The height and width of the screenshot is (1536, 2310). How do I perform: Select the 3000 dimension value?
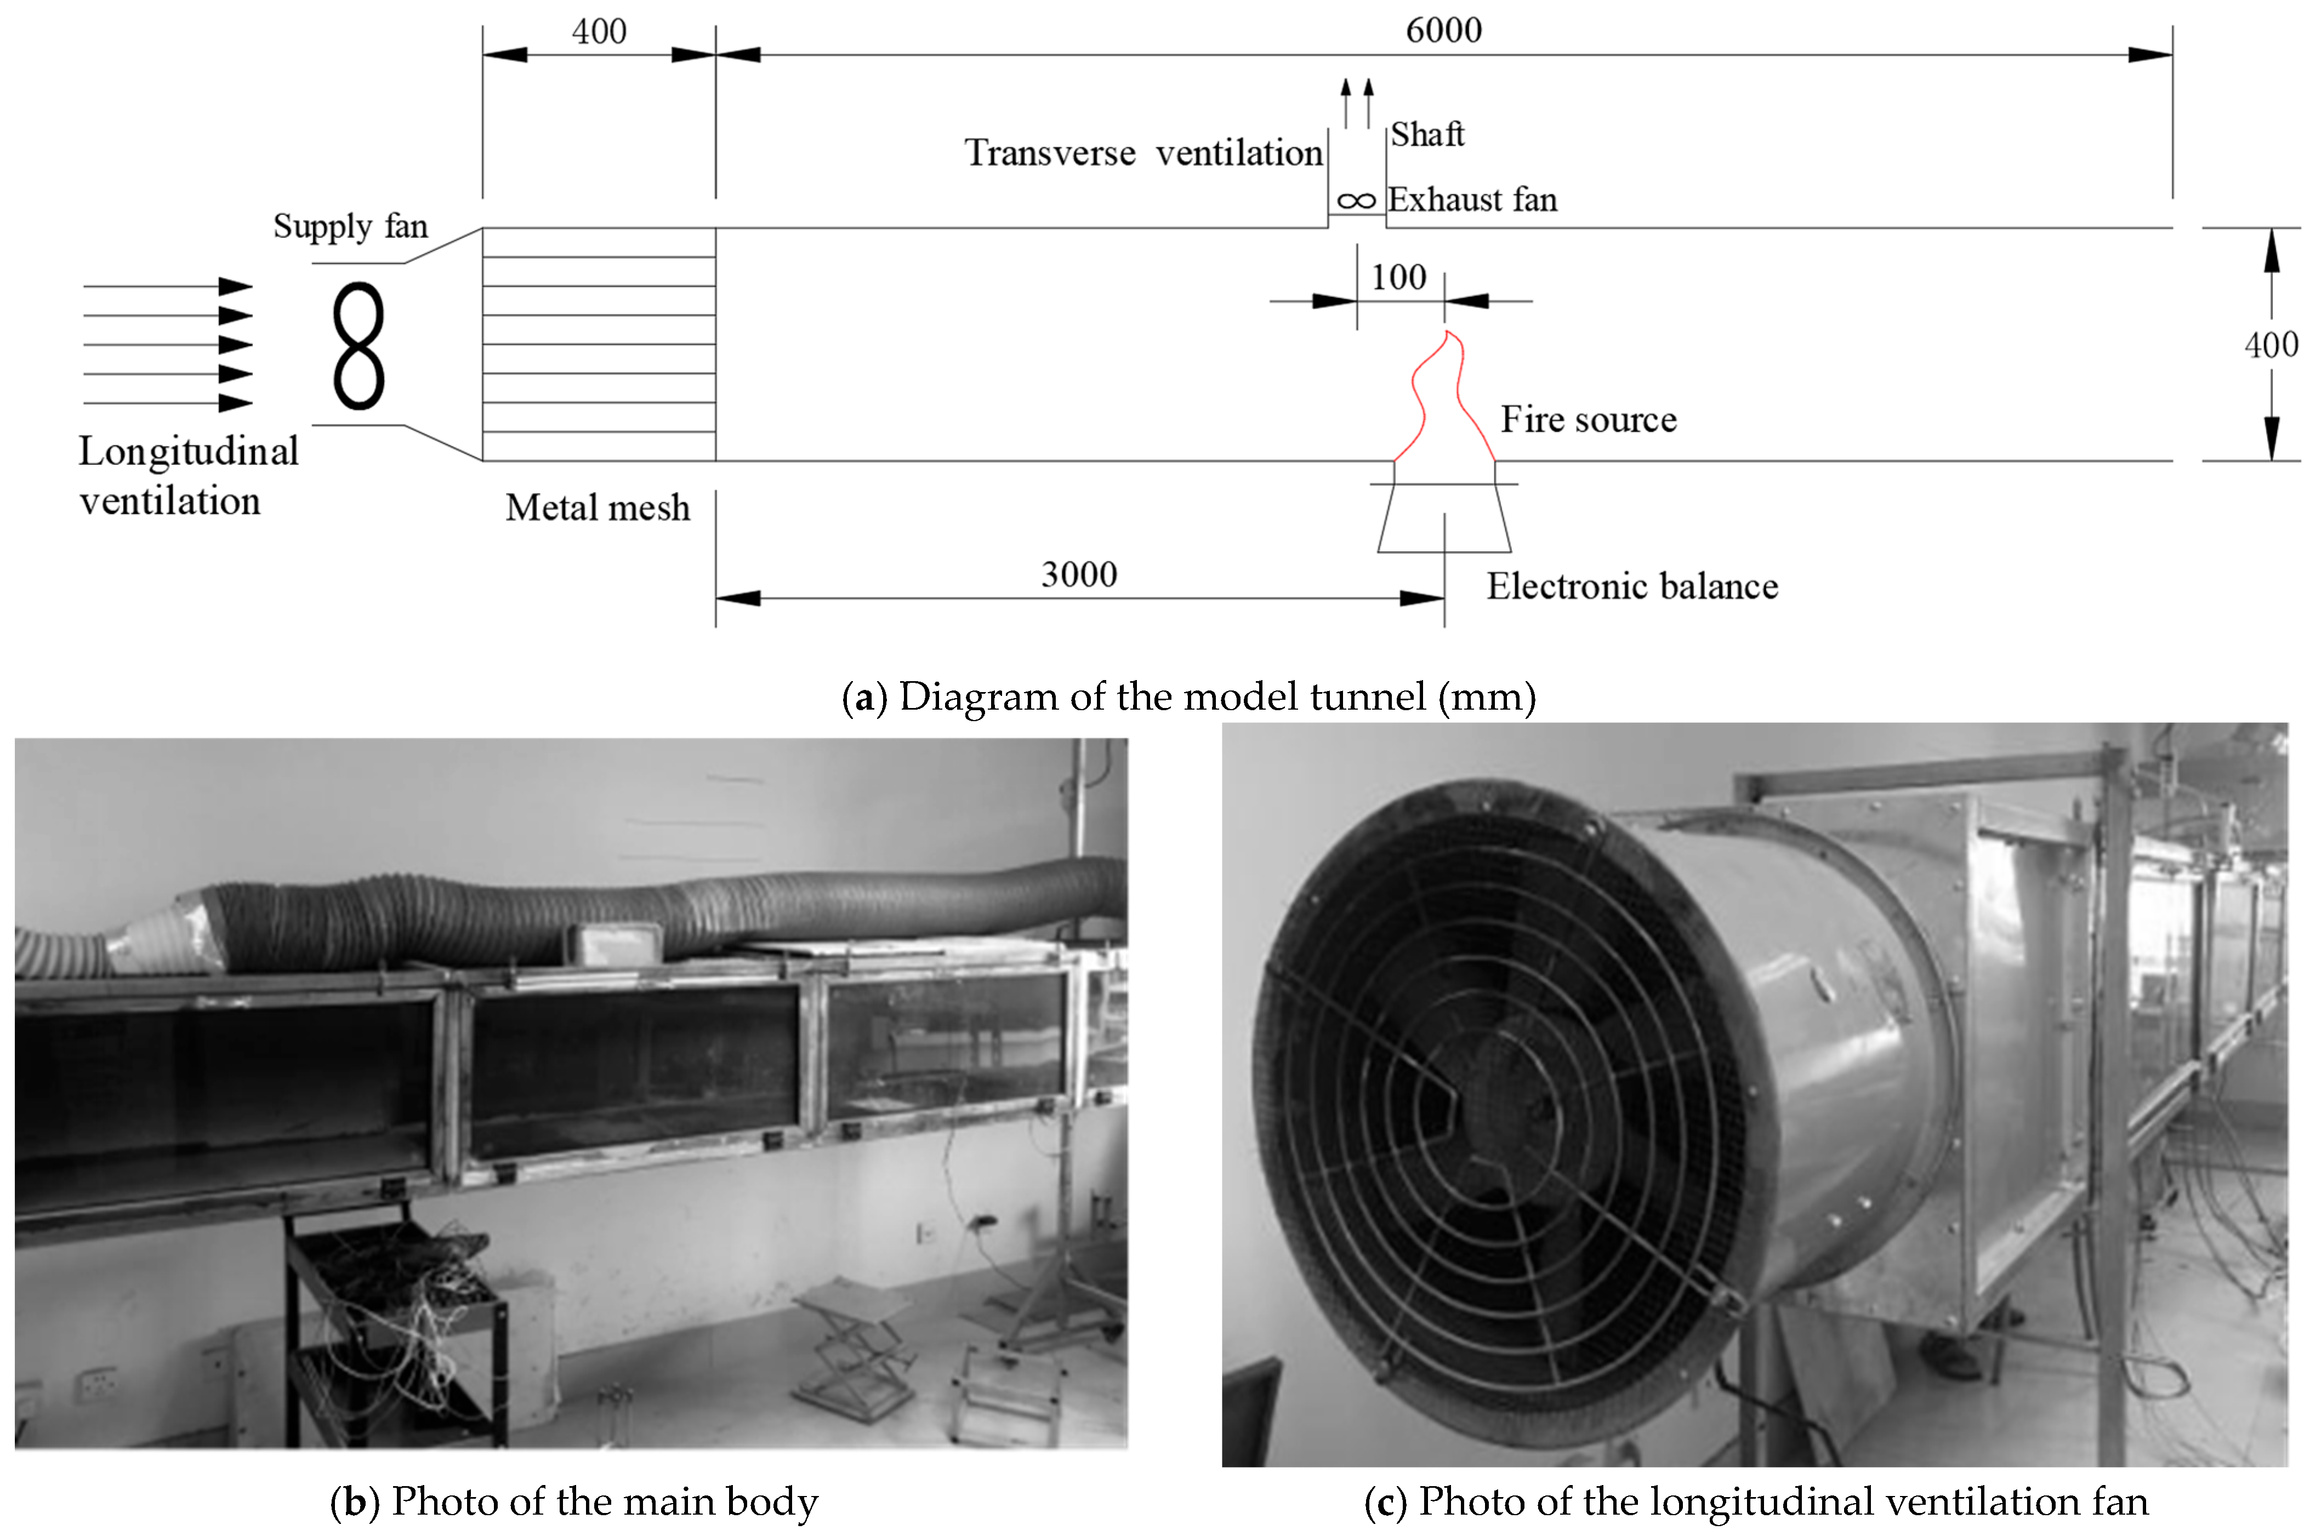pyautogui.click(x=1079, y=574)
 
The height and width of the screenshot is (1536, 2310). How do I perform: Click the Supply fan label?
pyautogui.click(x=350, y=226)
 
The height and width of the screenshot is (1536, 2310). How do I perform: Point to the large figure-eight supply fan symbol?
pyautogui.click(x=359, y=346)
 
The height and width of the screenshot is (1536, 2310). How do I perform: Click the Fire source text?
pyautogui.click(x=1588, y=419)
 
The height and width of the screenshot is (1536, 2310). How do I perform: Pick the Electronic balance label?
pyautogui.click(x=1631, y=586)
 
